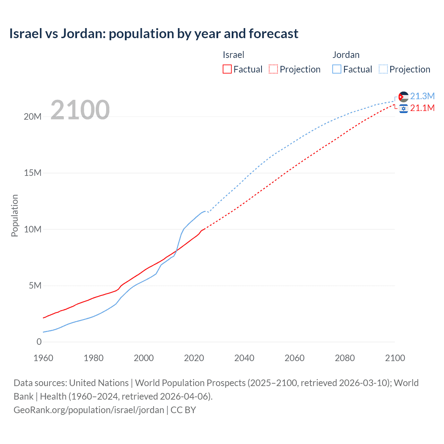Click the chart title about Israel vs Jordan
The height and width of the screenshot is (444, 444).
pyautogui.click(x=154, y=34)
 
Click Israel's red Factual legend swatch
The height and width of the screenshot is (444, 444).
pyautogui.click(x=227, y=69)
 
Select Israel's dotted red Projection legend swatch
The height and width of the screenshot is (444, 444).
pyautogui.click(x=273, y=69)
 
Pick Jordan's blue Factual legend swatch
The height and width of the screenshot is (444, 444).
pyautogui.click(x=336, y=69)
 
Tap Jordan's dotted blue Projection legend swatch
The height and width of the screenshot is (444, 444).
pyautogui.click(x=383, y=69)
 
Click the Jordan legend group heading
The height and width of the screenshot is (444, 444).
pyautogui.click(x=346, y=55)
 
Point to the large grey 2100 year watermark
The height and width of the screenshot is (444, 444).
pyautogui.click(x=80, y=110)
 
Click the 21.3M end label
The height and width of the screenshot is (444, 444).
pyautogui.click(x=422, y=96)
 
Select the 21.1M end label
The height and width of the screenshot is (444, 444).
pyautogui.click(x=422, y=108)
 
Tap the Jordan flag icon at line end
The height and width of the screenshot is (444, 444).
pyautogui.click(x=403, y=97)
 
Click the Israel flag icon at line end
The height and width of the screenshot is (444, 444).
pyautogui.click(x=403, y=109)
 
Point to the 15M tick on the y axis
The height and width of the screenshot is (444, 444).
pyautogui.click(x=33, y=173)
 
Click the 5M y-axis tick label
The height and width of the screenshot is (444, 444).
pyautogui.click(x=35, y=285)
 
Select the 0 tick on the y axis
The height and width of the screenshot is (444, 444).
pyautogui.click(x=39, y=342)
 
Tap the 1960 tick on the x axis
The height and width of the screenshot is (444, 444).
pyautogui.click(x=43, y=358)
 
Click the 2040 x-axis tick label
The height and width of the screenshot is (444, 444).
pyautogui.click(x=244, y=358)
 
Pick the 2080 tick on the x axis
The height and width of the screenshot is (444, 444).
pyautogui.click(x=345, y=358)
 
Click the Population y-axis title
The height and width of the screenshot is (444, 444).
pyautogui.click(x=15, y=215)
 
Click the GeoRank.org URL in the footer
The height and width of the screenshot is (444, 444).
pyautogui.click(x=89, y=410)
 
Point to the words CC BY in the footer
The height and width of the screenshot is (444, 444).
pyautogui.click(x=183, y=410)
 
